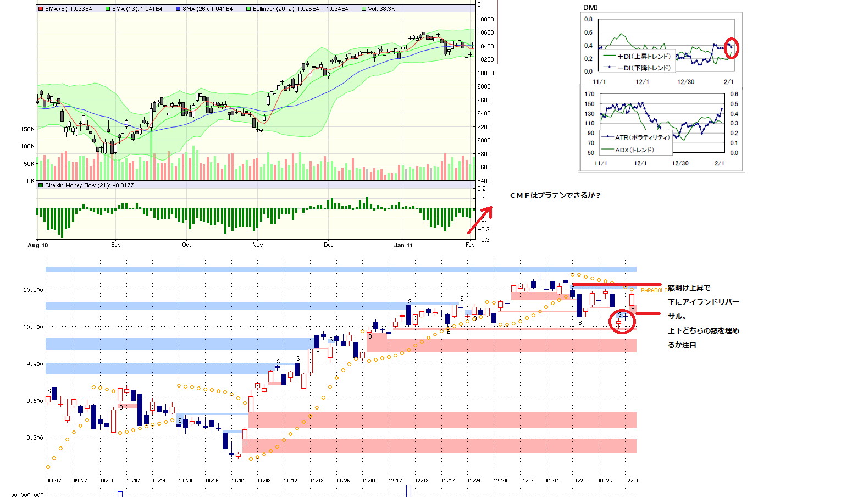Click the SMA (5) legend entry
click(65, 9)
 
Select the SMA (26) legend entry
click(204, 9)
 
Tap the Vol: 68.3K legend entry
click(379, 9)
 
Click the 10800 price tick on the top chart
click(485, 19)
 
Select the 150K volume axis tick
click(27, 129)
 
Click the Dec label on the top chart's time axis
click(328, 245)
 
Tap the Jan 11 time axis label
click(403, 245)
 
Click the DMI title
click(590, 8)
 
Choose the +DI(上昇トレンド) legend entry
click(637, 56)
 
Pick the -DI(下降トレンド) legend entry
click(637, 68)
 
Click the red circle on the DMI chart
click(732, 48)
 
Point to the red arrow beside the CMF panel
click(479, 220)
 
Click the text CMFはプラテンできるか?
click(555, 195)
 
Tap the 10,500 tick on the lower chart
click(33, 289)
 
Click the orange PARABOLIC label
click(653, 290)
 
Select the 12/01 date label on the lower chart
click(369, 481)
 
